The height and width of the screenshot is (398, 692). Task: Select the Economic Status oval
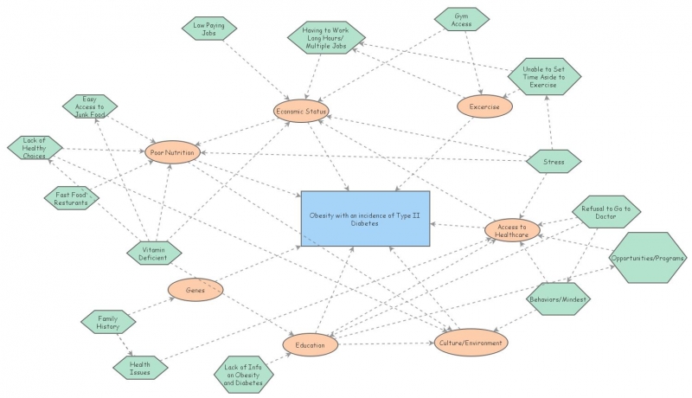pyautogui.click(x=300, y=111)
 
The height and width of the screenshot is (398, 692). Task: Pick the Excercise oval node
pyautogui.click(x=484, y=106)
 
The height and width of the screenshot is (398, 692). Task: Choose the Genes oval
pyautogui.click(x=195, y=291)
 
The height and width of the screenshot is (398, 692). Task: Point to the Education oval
pyautogui.click(x=310, y=344)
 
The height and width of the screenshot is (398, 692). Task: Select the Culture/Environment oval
pyautogui.click(x=471, y=343)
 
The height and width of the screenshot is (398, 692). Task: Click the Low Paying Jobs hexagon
pyautogui.click(x=209, y=29)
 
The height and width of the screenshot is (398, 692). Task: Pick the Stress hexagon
pyautogui.click(x=554, y=160)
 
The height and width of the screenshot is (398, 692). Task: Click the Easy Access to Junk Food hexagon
pyautogui.click(x=90, y=106)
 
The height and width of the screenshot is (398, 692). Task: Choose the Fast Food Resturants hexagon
pyautogui.click(x=72, y=199)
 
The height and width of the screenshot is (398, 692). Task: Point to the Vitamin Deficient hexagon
pyautogui.click(x=154, y=253)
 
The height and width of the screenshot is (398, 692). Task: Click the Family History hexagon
pyautogui.click(x=109, y=322)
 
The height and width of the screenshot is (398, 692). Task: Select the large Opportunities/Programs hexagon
pyautogui.click(x=648, y=258)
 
